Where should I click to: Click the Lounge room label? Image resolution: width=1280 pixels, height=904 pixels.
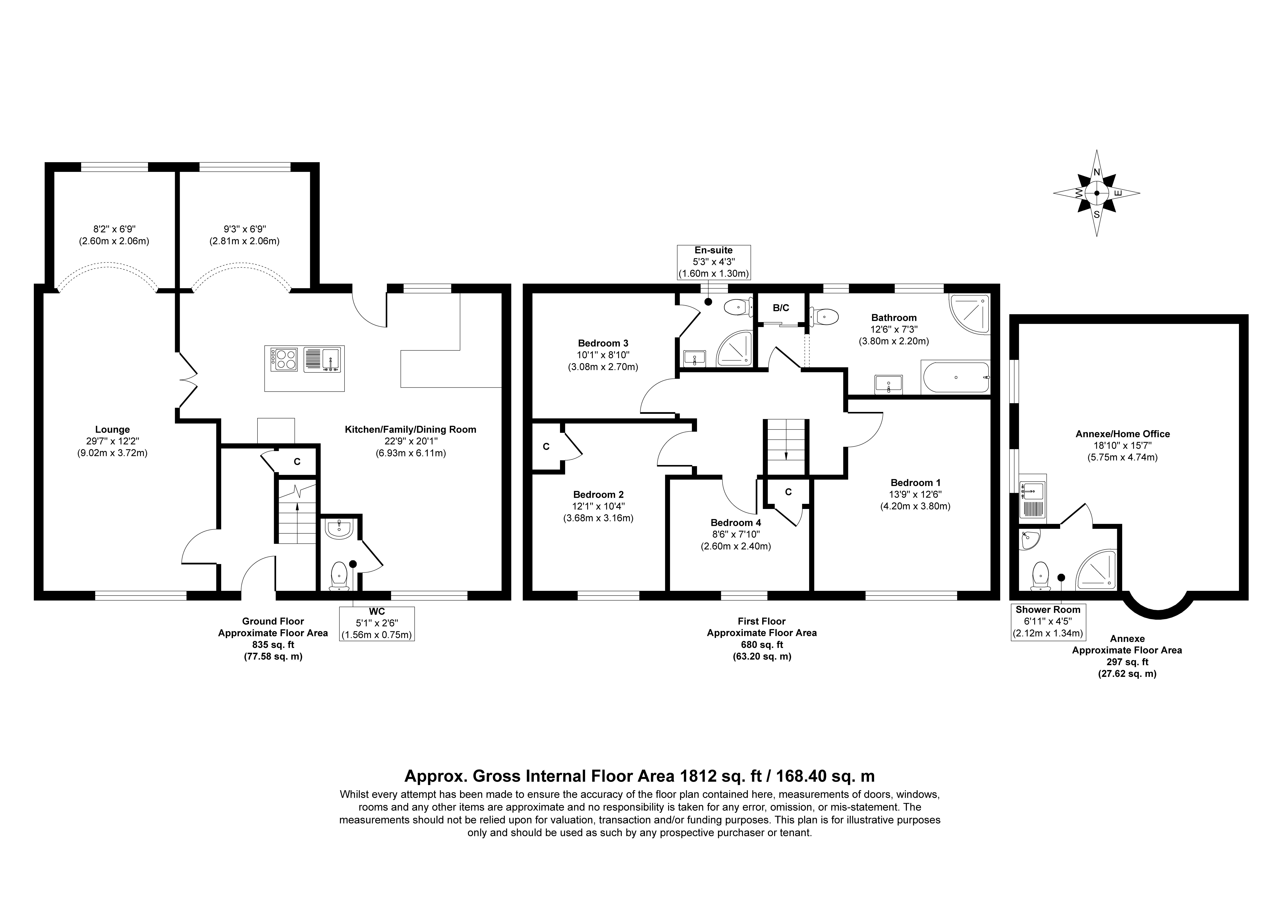click(x=113, y=430)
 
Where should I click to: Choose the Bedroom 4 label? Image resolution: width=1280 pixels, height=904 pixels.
click(x=736, y=523)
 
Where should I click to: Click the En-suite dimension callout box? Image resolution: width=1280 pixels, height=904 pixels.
click(x=714, y=262)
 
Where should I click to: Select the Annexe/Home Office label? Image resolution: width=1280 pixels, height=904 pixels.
click(x=1122, y=434)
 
